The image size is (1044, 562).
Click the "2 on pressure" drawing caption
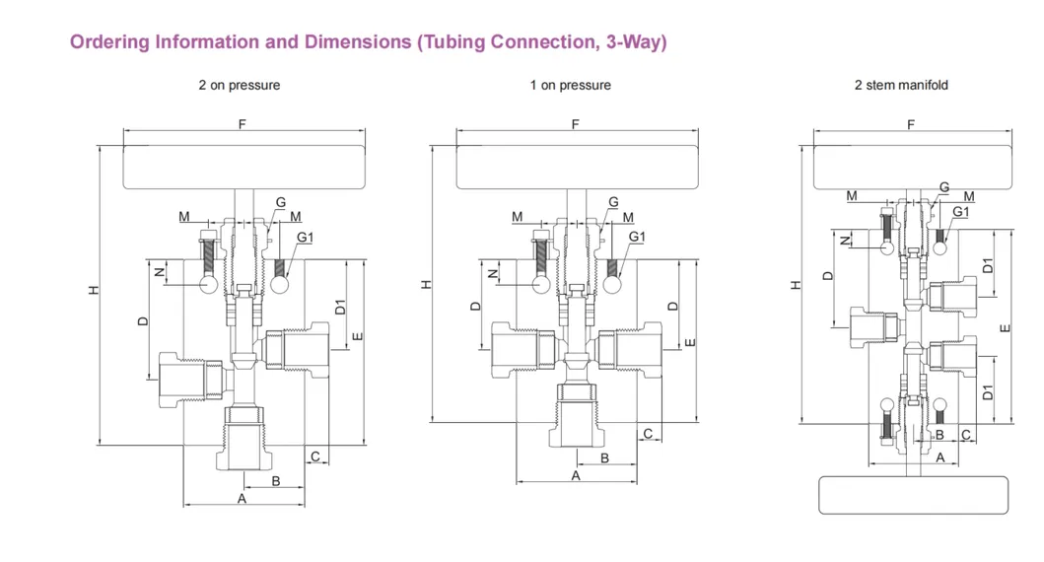coord(240,86)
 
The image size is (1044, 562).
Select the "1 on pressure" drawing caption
coord(570,86)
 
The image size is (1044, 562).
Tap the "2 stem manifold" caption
coord(901,86)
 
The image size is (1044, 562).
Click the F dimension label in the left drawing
coord(242,123)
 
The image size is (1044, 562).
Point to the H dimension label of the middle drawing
coord(428,284)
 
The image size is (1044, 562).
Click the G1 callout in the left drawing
coord(305,238)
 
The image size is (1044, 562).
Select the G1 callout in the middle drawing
coord(637,237)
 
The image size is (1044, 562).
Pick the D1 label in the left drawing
coord(340,307)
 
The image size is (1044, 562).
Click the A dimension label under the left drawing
coord(242,499)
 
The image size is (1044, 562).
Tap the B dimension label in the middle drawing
coord(604,457)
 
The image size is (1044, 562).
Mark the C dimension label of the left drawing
coord(315,456)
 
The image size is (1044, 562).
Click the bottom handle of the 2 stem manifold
coord(913,495)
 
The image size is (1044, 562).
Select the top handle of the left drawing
coord(244,167)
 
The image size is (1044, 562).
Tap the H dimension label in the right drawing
coord(797,284)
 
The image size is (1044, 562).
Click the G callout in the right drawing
coord(944,187)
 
